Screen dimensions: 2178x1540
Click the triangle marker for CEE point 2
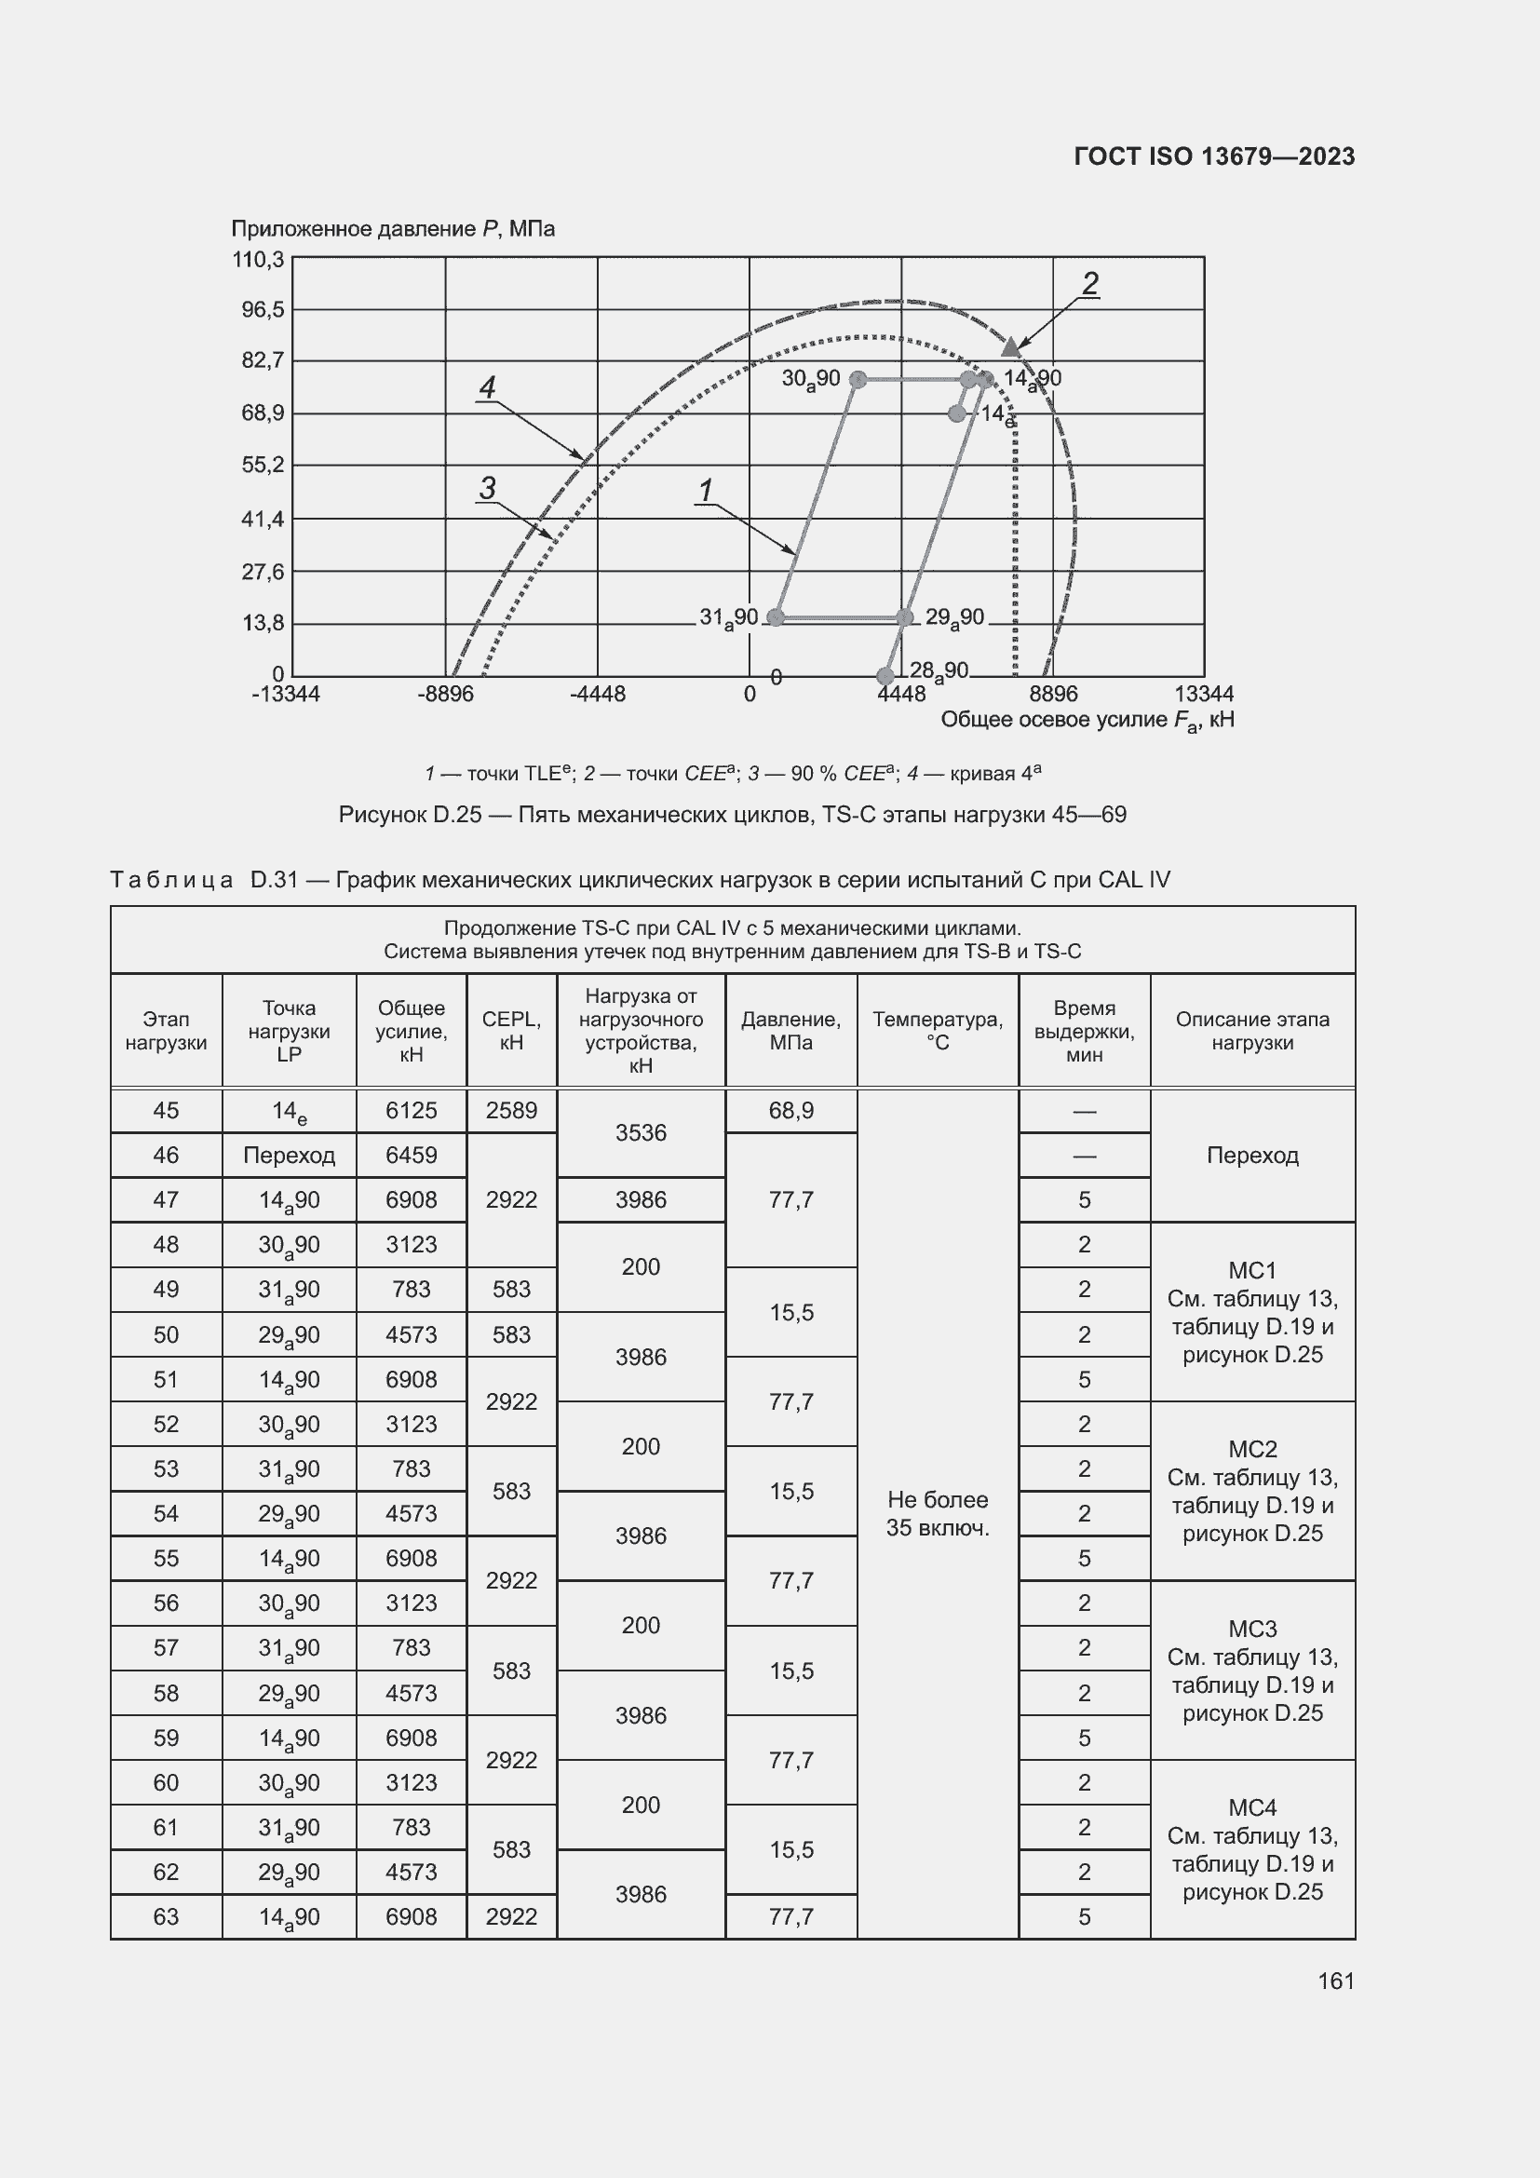[x=1011, y=347]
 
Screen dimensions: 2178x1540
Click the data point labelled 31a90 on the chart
[x=776, y=617]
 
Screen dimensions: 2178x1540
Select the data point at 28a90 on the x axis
[x=885, y=676]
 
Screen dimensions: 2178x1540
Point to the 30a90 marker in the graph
[x=858, y=379]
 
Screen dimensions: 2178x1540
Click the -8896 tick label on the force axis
[x=446, y=695]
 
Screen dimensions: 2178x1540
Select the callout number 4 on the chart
[x=487, y=387]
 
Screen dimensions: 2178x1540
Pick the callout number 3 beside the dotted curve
[x=487, y=488]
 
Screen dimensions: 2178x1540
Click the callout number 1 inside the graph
[x=706, y=491]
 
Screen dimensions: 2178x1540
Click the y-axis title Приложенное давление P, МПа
[x=393, y=229]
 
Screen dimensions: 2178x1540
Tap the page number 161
[x=1335, y=1981]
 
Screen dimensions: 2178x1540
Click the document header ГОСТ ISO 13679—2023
[x=1214, y=156]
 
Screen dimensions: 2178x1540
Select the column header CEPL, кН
[x=511, y=1030]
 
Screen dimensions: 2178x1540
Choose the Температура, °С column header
[x=937, y=1030]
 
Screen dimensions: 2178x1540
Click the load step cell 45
[x=166, y=1110]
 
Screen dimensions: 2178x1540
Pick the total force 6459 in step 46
[x=411, y=1155]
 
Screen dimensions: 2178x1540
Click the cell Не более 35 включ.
[x=937, y=1513]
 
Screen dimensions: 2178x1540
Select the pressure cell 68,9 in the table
[x=790, y=1110]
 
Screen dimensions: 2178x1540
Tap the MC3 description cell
[x=1251, y=1671]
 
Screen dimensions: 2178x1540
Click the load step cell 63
[x=166, y=1916]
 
